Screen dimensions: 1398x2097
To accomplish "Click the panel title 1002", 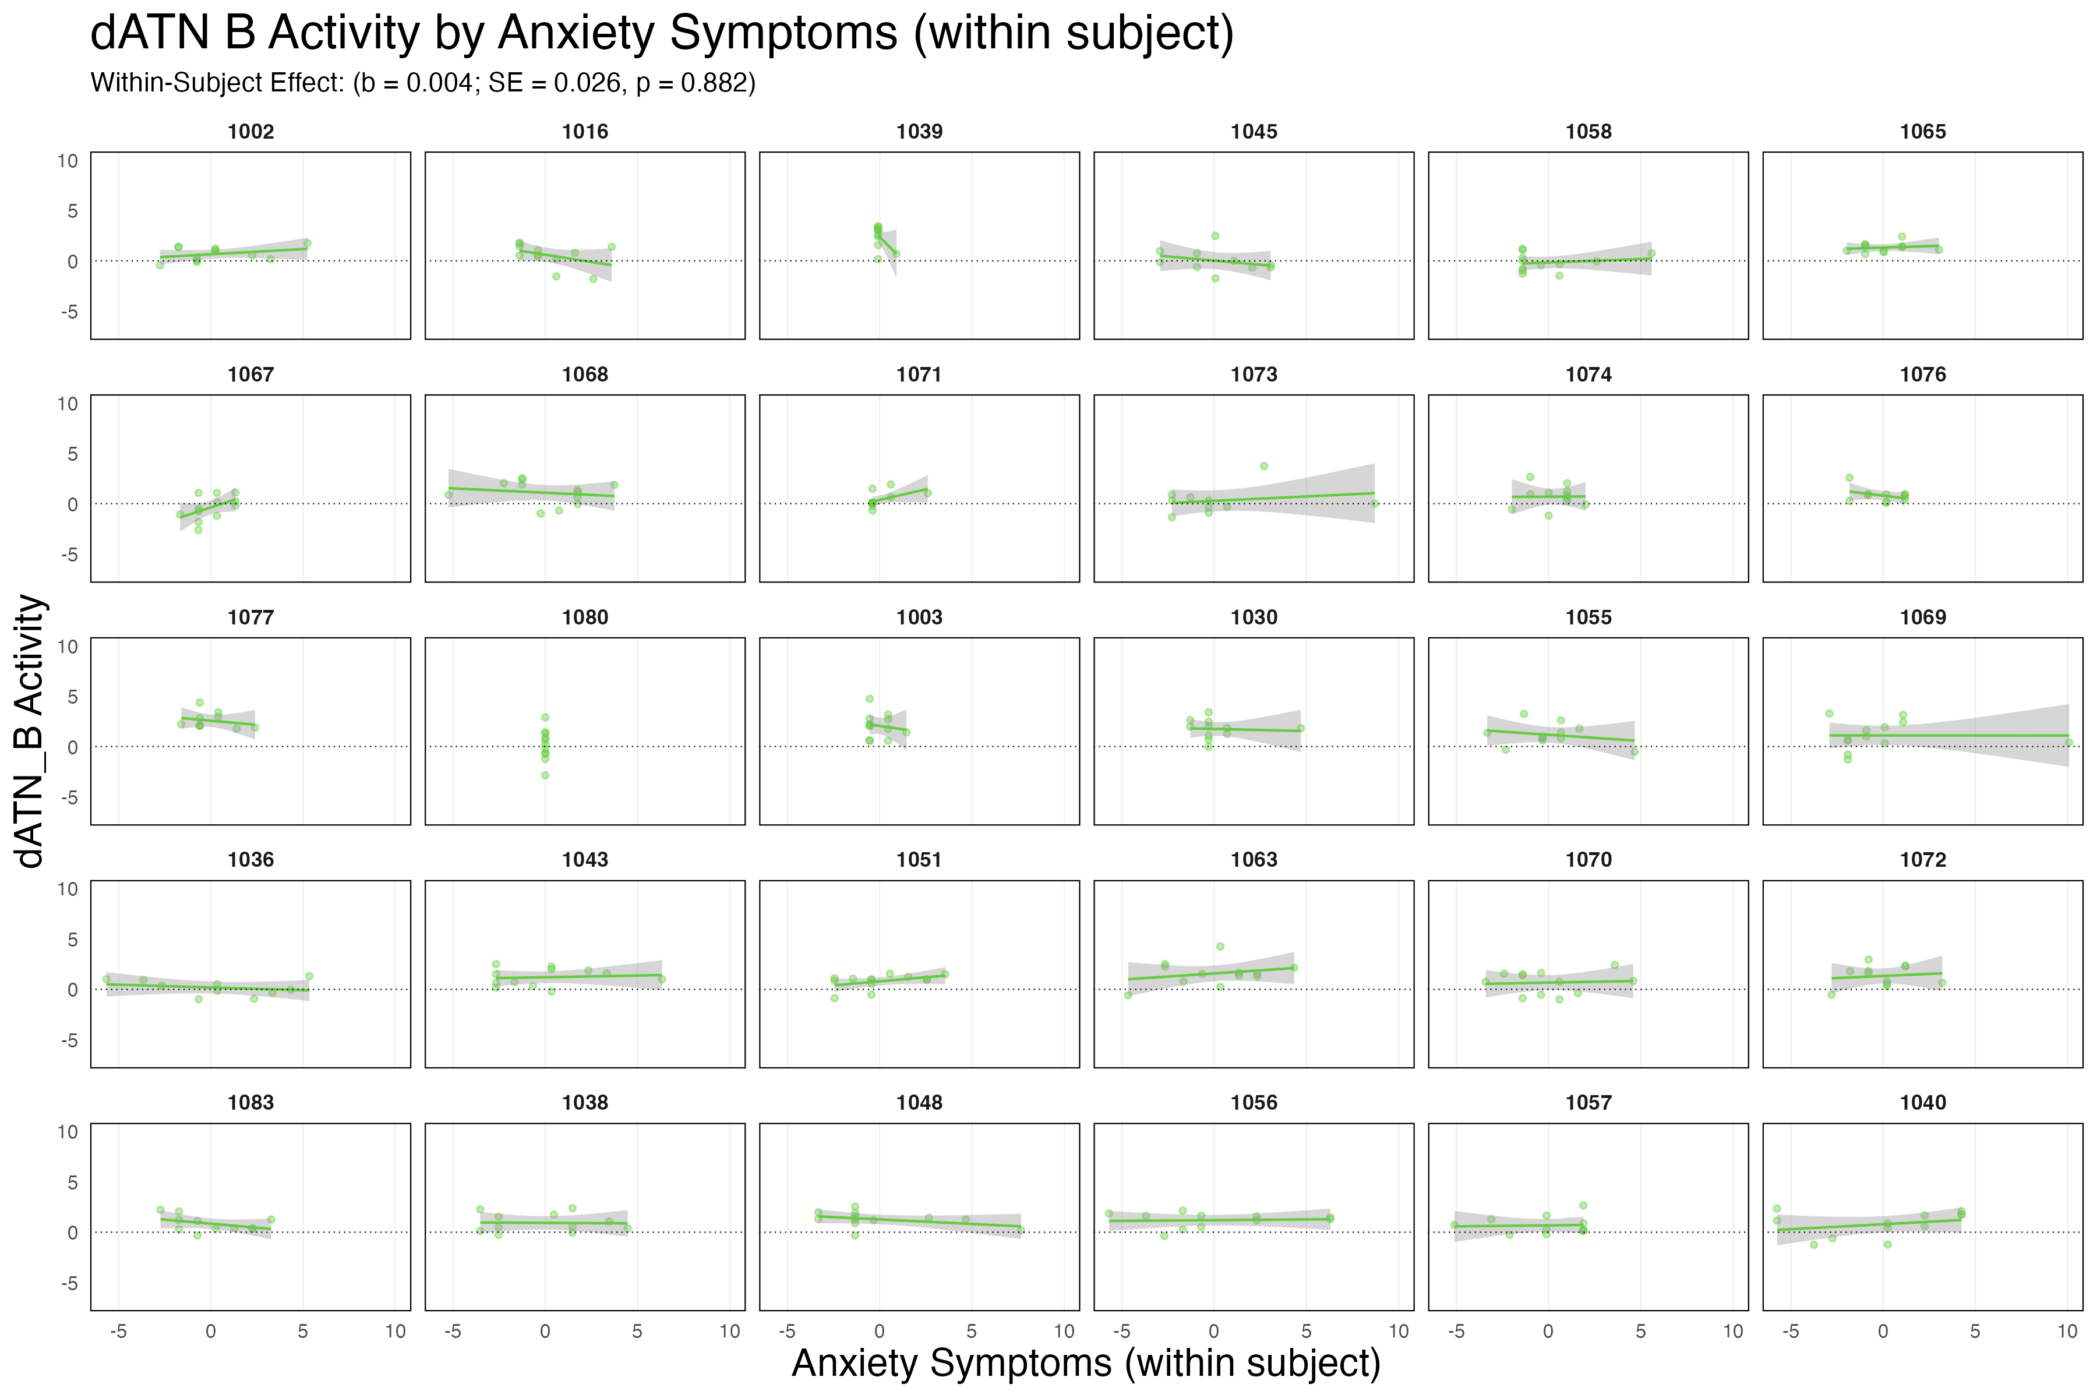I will (x=250, y=132).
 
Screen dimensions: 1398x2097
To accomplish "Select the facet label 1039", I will (x=919, y=132).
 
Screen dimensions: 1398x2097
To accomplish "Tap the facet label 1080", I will (x=585, y=617).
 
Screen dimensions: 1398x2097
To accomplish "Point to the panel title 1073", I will (x=1254, y=375).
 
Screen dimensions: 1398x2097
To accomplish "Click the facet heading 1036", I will (x=250, y=860).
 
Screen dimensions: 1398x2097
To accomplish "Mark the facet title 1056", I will (x=1254, y=1103).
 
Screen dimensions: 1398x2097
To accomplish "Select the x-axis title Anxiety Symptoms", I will (x=1086, y=1363).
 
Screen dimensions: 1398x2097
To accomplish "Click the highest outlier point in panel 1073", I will (x=1264, y=465).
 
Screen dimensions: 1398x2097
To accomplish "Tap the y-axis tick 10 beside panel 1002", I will (x=68, y=161).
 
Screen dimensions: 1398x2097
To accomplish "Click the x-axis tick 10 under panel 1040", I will (x=2067, y=1331).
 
